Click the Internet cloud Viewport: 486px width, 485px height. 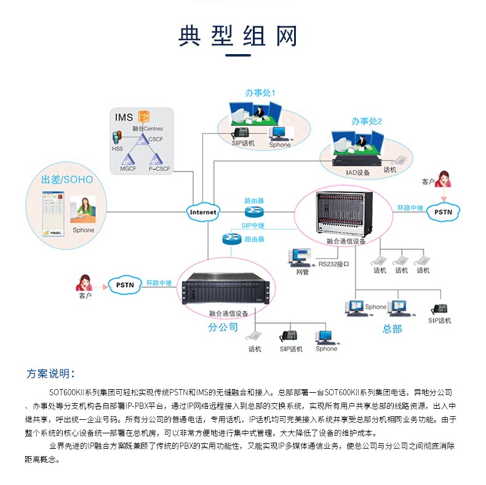click(203, 212)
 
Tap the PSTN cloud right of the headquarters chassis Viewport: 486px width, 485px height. click(443, 212)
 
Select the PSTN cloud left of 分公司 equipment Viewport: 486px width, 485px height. click(125, 285)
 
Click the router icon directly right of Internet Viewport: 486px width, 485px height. click(254, 212)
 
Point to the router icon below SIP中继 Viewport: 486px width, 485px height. click(231, 239)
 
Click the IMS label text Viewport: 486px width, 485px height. click(124, 117)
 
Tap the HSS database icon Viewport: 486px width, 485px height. click(117, 138)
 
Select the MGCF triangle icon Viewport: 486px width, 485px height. click(128, 160)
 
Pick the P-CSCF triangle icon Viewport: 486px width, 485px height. click(156, 159)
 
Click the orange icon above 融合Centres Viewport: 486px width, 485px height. click(144, 117)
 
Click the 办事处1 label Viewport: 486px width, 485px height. click(260, 93)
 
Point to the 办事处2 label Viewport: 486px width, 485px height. click(367, 121)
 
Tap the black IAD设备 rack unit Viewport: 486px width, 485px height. click(356, 162)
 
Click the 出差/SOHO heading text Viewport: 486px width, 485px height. click(67, 179)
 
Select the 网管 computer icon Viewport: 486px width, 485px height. click(300, 258)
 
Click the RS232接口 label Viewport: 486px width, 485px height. click(333, 264)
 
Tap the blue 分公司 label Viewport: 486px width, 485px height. click(223, 327)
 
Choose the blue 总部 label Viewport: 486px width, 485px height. click(392, 329)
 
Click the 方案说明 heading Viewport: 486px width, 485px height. click(50, 374)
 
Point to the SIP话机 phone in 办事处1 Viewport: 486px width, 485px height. click(240, 133)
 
